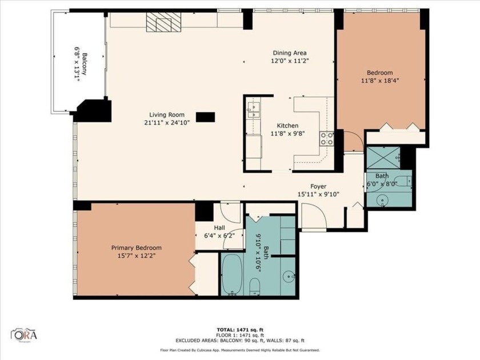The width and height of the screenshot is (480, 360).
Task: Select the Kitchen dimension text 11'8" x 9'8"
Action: [x=287, y=134]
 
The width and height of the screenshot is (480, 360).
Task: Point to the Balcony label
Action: [x=84, y=65]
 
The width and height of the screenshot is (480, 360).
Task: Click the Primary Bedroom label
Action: [x=136, y=247]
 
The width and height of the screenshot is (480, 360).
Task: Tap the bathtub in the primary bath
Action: [x=233, y=274]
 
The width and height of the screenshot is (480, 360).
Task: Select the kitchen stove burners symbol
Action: [x=326, y=137]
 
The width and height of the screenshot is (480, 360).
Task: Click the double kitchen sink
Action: [x=253, y=107]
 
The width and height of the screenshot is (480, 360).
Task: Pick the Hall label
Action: [x=219, y=227]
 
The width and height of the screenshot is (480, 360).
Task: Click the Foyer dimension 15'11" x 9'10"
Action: [x=318, y=194]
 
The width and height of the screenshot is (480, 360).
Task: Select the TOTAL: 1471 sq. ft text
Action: [x=240, y=330]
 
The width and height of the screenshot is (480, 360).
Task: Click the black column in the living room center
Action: [x=205, y=117]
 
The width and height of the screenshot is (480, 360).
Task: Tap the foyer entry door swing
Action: [x=313, y=217]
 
